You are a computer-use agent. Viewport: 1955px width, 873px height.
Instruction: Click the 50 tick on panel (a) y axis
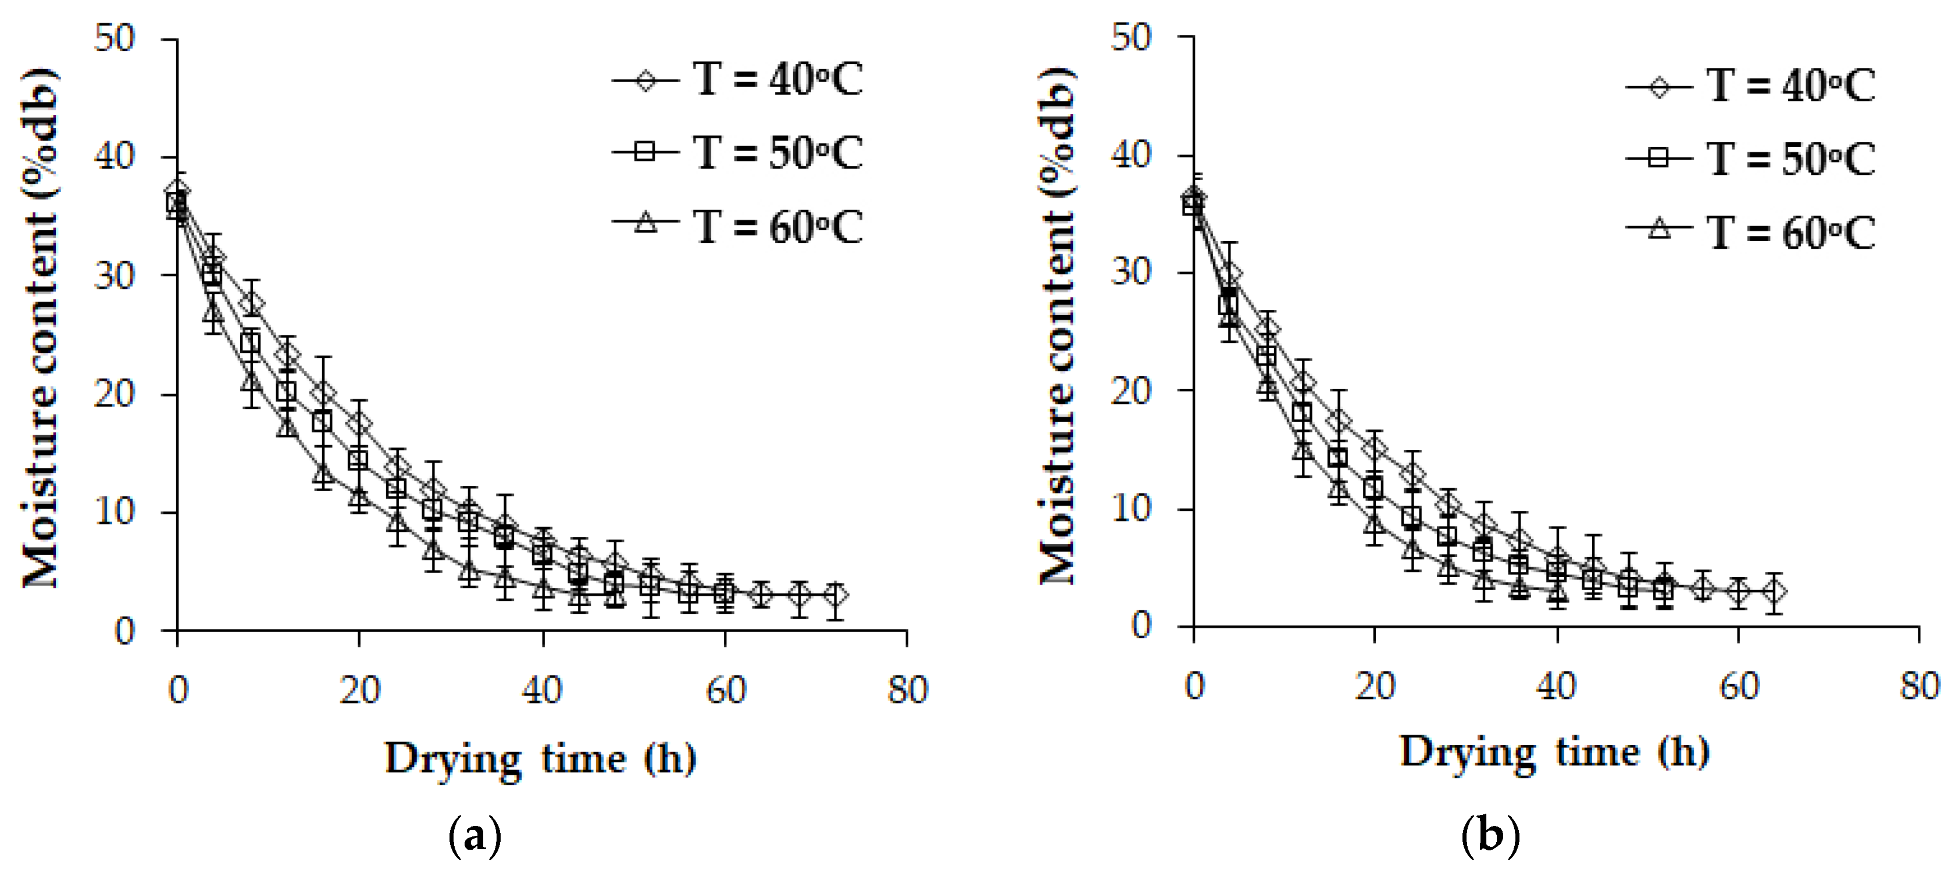pyautogui.click(x=115, y=38)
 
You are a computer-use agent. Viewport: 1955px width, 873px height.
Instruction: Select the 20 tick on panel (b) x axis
pyautogui.click(x=1375, y=687)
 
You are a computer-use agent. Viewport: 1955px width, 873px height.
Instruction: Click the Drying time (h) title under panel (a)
pyautogui.click(x=540, y=758)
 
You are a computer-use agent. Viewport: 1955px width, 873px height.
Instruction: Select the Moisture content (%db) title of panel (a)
pyautogui.click(x=40, y=328)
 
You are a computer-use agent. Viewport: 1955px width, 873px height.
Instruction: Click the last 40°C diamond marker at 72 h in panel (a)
pyautogui.click(x=835, y=595)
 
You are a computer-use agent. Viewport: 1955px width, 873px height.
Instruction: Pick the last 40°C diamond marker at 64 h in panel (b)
pyautogui.click(x=1774, y=592)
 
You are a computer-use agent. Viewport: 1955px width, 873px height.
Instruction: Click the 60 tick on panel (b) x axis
pyautogui.click(x=1738, y=687)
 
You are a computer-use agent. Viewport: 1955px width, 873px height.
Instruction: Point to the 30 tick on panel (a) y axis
pyautogui.click(x=115, y=276)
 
